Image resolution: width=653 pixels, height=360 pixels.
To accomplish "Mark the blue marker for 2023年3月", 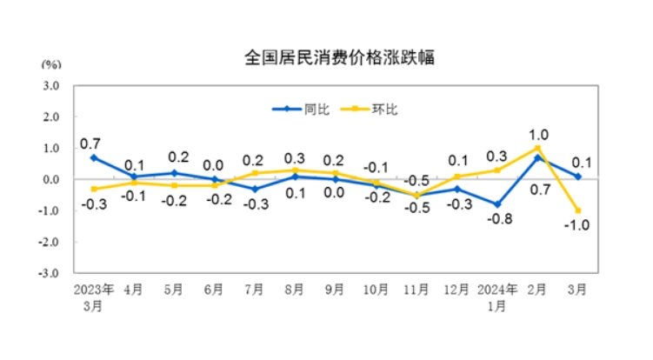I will click(93, 157).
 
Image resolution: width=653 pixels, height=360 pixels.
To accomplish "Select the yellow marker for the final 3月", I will click(577, 210).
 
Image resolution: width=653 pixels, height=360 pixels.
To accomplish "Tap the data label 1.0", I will click(539, 134).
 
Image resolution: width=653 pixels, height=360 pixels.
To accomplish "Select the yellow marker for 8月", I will click(297, 170).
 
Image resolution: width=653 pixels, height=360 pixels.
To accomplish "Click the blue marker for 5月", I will click(173, 173).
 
